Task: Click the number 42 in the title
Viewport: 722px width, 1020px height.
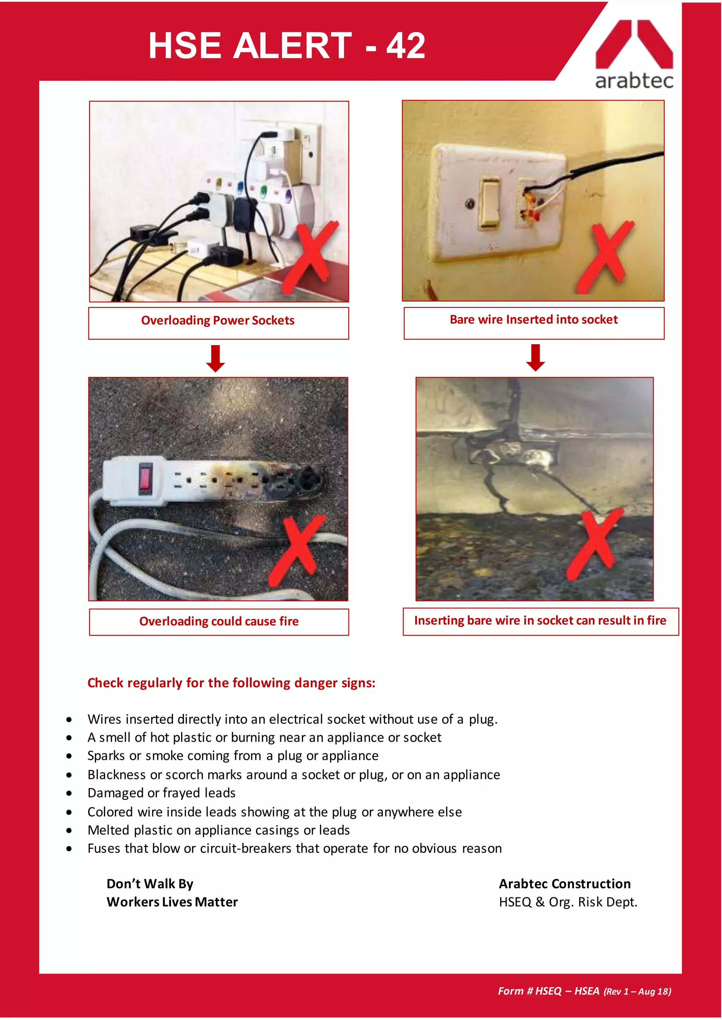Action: [405, 46]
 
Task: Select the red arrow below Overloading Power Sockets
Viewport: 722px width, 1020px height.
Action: [216, 358]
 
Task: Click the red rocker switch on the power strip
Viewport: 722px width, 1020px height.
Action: [145, 479]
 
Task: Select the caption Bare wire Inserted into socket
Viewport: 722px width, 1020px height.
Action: [533, 319]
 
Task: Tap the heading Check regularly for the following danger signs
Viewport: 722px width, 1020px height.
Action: [231, 683]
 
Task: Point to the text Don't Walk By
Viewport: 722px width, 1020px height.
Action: [150, 884]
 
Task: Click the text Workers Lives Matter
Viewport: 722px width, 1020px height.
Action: [172, 902]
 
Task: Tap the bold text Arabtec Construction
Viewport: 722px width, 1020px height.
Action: [565, 884]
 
